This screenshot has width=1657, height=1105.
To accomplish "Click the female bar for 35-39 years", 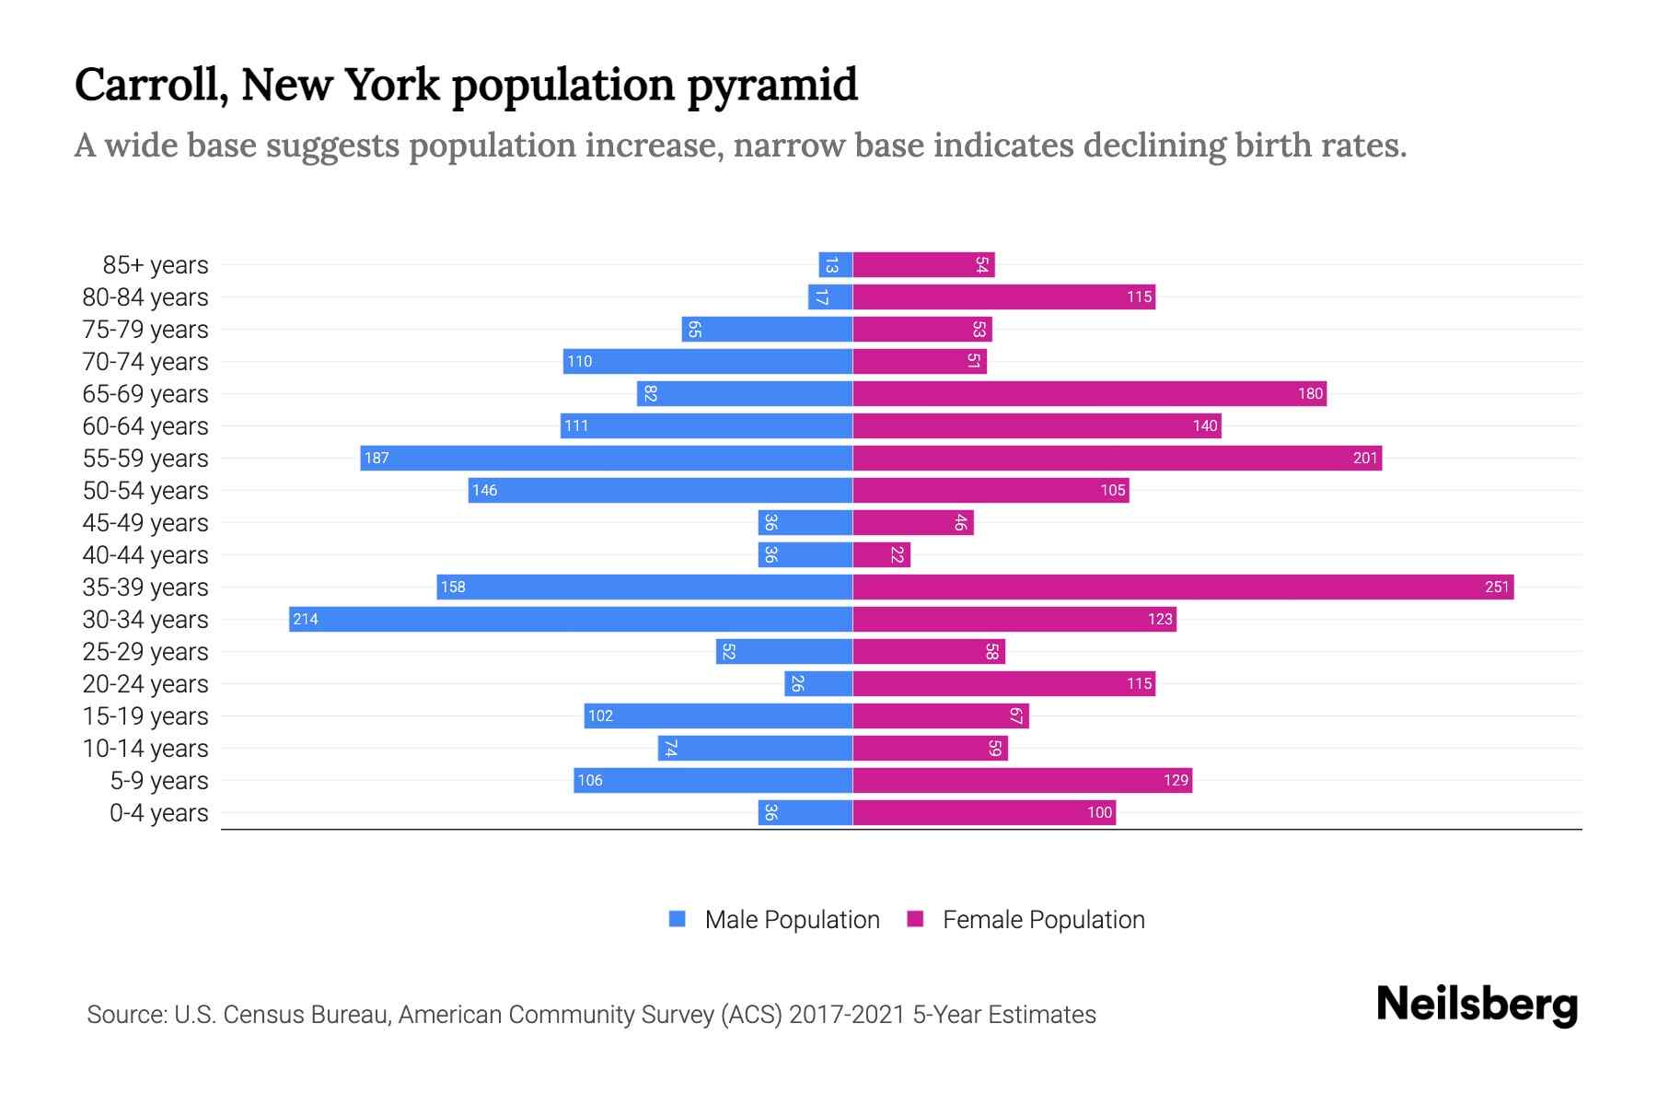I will pyautogui.click(x=1183, y=587).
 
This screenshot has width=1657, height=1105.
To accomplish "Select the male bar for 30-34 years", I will pyautogui.click(x=571, y=619).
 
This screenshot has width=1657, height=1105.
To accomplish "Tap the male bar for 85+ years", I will pyautogui.click(x=835, y=264).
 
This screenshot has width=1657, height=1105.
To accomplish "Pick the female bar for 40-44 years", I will pyautogui.click(x=881, y=554).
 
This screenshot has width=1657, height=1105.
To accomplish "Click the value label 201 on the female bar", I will pyautogui.click(x=1364, y=458).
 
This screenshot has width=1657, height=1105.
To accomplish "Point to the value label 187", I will pyautogui.click(x=377, y=458).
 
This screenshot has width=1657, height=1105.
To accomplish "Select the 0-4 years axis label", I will pyautogui.click(x=158, y=812).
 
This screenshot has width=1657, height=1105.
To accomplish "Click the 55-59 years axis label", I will pyautogui.click(x=145, y=458).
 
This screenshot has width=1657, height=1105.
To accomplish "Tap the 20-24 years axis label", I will pyautogui.click(x=145, y=683).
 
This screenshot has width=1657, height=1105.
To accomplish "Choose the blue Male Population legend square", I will pyautogui.click(x=678, y=919).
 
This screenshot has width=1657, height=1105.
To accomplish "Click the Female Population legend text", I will pyautogui.click(x=1043, y=919).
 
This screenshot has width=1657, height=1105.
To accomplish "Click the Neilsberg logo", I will pyautogui.click(x=1477, y=1004).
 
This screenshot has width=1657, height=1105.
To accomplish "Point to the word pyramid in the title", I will pyautogui.click(x=771, y=85).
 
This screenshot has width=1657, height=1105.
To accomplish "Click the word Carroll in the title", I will pyautogui.click(x=151, y=85).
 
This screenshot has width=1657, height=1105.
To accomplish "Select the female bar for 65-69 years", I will pyautogui.click(x=1089, y=393).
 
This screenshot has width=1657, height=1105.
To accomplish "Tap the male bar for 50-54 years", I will pyautogui.click(x=660, y=490).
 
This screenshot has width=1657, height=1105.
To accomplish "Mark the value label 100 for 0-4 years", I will pyautogui.click(x=1099, y=812).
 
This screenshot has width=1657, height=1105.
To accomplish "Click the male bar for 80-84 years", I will pyautogui.click(x=830, y=297).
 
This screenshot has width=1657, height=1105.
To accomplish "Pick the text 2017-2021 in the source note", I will pyautogui.click(x=846, y=1014).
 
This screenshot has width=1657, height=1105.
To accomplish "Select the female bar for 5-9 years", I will pyautogui.click(x=1022, y=780).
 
